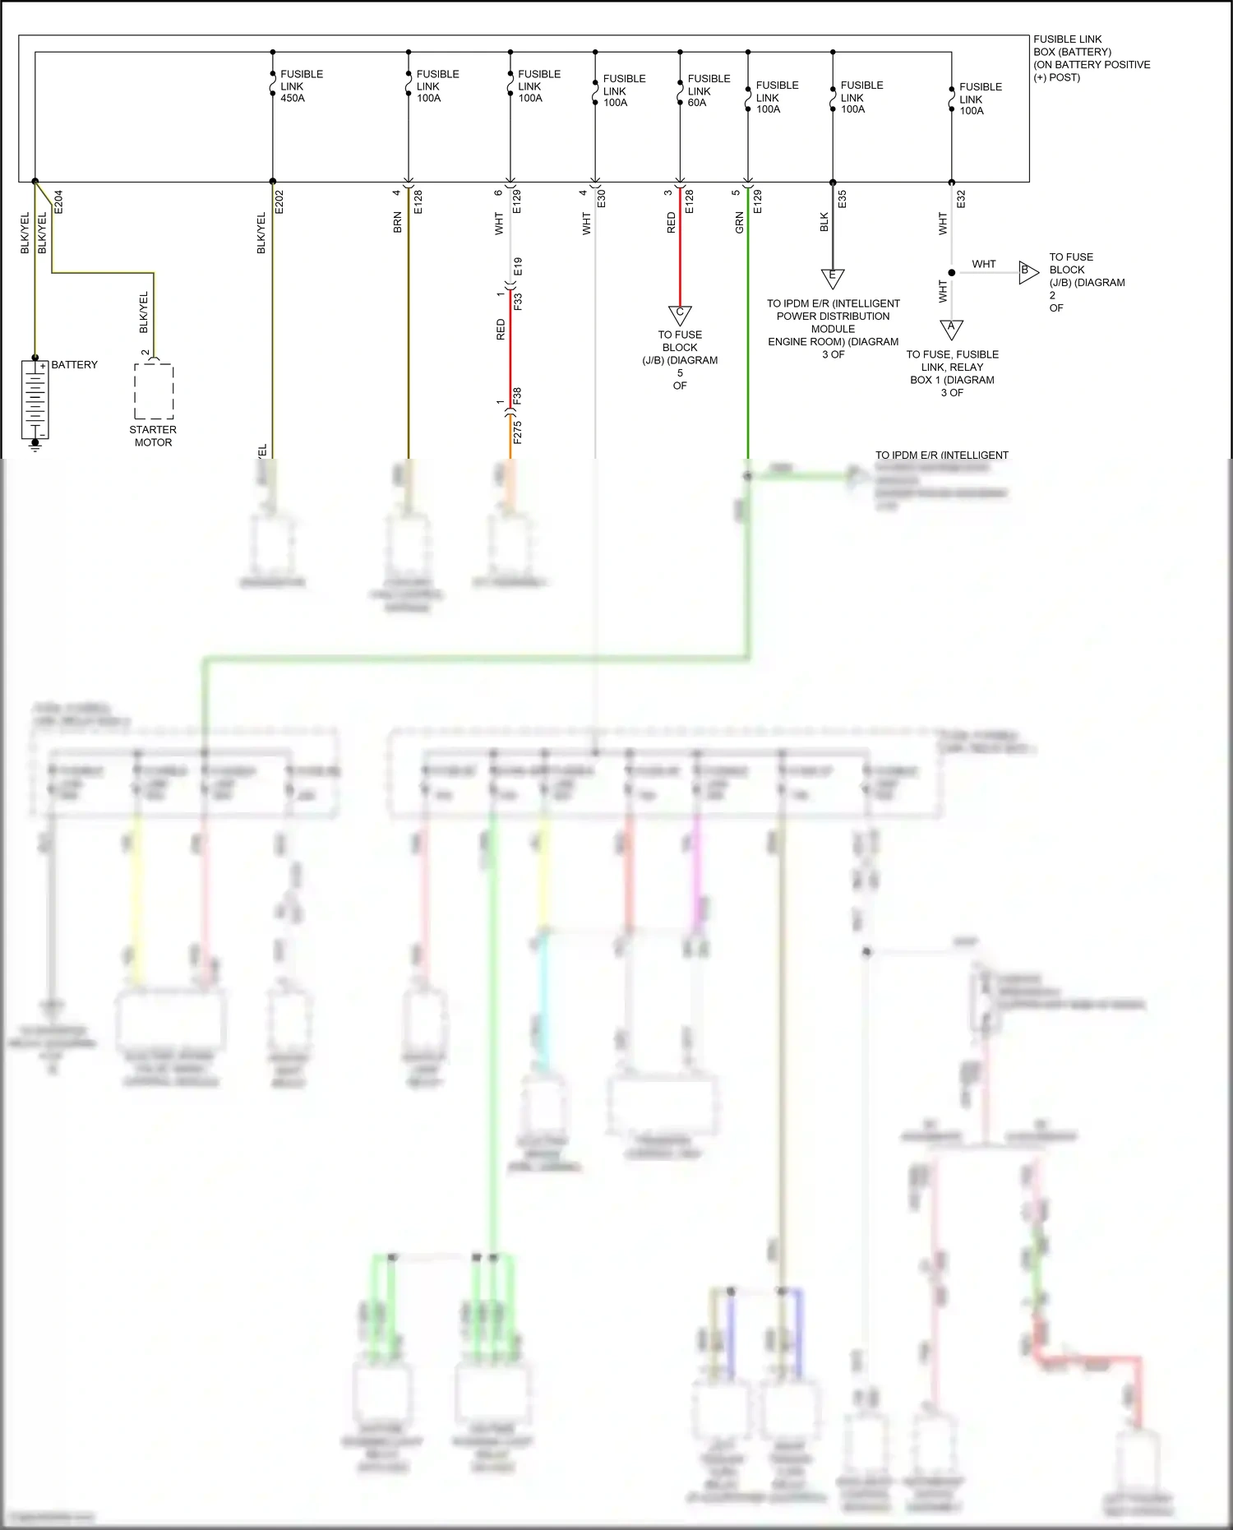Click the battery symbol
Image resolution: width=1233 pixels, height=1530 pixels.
(35, 399)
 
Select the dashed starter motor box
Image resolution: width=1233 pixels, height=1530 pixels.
(154, 391)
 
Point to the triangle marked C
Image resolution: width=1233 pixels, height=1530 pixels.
(680, 314)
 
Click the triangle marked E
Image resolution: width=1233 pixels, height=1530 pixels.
(833, 277)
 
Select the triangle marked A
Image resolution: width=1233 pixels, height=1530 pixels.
(951, 328)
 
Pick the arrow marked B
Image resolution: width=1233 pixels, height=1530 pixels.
(1027, 271)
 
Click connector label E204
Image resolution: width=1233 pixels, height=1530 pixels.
(58, 202)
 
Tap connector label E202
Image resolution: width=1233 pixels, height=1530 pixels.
(279, 202)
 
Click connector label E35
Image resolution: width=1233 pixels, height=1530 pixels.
(842, 200)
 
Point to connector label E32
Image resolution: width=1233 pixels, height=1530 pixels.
(961, 200)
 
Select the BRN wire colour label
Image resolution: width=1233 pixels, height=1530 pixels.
(398, 222)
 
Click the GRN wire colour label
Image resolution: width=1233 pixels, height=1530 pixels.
(739, 222)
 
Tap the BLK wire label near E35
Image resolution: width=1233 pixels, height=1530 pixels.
(824, 222)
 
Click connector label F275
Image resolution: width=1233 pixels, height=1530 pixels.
(517, 432)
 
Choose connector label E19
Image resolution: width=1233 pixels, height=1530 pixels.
(518, 266)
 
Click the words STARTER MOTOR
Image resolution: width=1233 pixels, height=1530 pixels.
(153, 436)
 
